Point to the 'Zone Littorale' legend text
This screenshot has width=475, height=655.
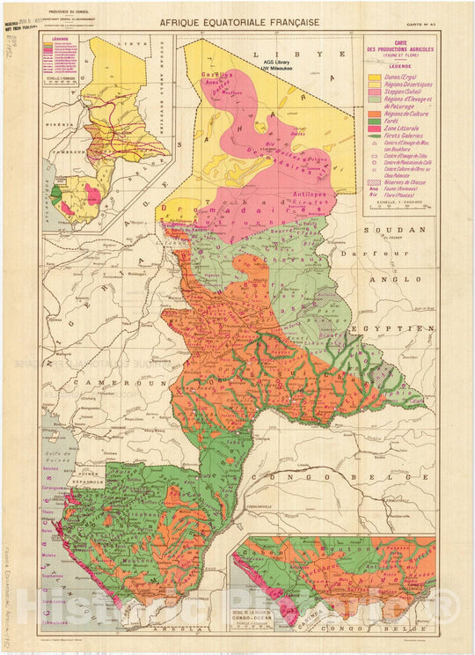(402, 129)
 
